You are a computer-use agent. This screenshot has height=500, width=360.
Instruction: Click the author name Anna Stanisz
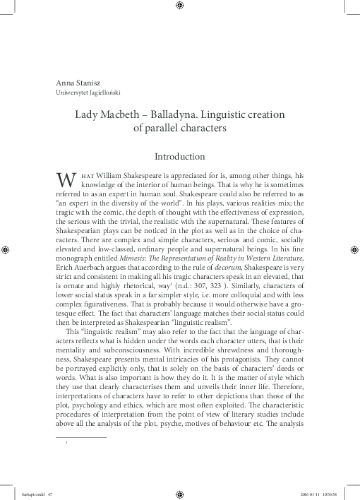click(x=73, y=81)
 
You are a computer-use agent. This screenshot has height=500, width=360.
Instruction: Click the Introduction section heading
click(x=179, y=155)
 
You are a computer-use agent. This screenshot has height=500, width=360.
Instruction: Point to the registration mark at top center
click(x=180, y=6)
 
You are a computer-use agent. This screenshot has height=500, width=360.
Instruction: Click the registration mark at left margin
click(x=6, y=249)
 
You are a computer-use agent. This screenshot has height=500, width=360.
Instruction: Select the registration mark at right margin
click(x=353, y=249)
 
